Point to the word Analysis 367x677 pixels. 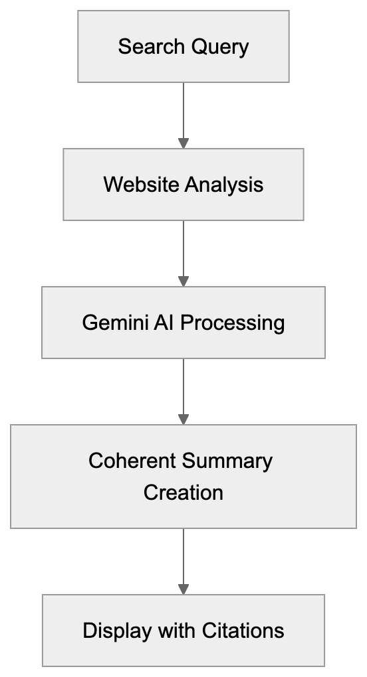[224, 185]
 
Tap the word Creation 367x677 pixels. [183, 492]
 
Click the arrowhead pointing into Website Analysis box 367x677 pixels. [183, 143]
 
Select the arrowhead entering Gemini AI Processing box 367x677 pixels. [183, 281]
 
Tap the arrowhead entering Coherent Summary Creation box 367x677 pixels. [183, 419]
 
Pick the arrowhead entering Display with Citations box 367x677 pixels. [183, 589]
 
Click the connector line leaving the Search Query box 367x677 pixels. [183, 110]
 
